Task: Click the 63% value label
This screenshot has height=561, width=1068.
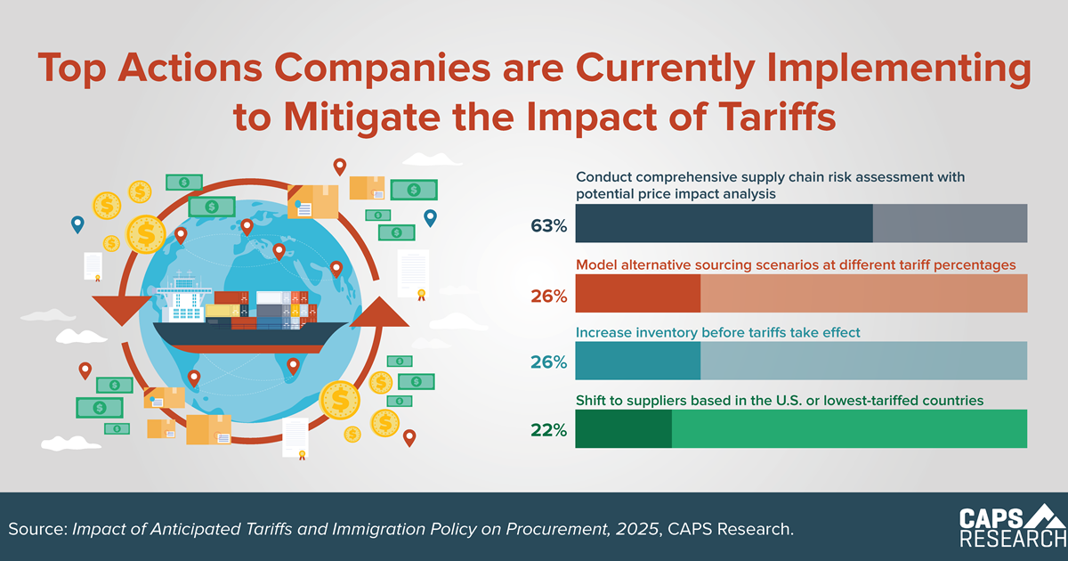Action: point(548,226)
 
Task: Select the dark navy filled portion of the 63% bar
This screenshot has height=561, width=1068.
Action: point(724,224)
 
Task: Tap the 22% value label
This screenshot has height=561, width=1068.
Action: point(548,430)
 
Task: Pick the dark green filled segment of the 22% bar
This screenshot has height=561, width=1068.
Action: point(623,428)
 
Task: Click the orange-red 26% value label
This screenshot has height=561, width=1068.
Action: point(548,296)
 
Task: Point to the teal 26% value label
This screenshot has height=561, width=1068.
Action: point(548,362)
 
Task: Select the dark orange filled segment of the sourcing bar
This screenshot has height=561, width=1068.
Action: point(638,293)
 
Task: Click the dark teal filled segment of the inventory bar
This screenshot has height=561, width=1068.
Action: point(638,361)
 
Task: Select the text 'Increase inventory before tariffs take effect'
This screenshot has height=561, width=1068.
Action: point(718,333)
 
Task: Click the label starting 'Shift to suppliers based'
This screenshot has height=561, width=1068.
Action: point(779,401)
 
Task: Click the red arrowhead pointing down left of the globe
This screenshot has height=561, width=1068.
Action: point(115,312)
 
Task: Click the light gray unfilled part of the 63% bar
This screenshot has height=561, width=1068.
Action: point(950,224)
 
